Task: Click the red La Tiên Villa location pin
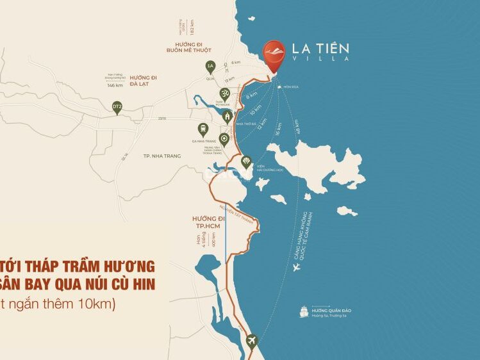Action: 275,55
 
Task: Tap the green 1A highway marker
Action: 210,65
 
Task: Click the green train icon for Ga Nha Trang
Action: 203,128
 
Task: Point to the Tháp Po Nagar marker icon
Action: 224,93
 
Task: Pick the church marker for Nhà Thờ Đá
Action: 228,117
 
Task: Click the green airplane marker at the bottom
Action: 251,340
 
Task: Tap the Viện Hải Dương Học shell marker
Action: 245,163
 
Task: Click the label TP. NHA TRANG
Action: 163,156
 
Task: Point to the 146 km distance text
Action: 115,85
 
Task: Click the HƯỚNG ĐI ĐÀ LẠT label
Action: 144,80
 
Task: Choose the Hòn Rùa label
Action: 292,86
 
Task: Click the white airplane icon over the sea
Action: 296,268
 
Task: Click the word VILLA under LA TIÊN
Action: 320,59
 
